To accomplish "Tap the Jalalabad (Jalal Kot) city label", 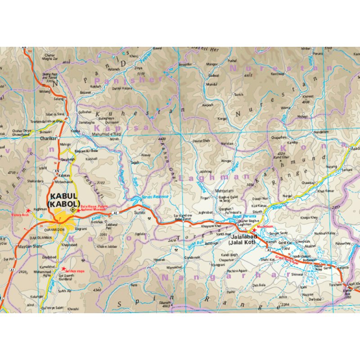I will tap(241, 239).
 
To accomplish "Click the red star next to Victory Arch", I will tap(28, 211).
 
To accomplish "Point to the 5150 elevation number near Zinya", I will tap(140, 74).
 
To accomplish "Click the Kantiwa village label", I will tap(278, 73).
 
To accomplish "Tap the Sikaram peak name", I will tap(165, 303).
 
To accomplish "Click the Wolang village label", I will tap(45, 91).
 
